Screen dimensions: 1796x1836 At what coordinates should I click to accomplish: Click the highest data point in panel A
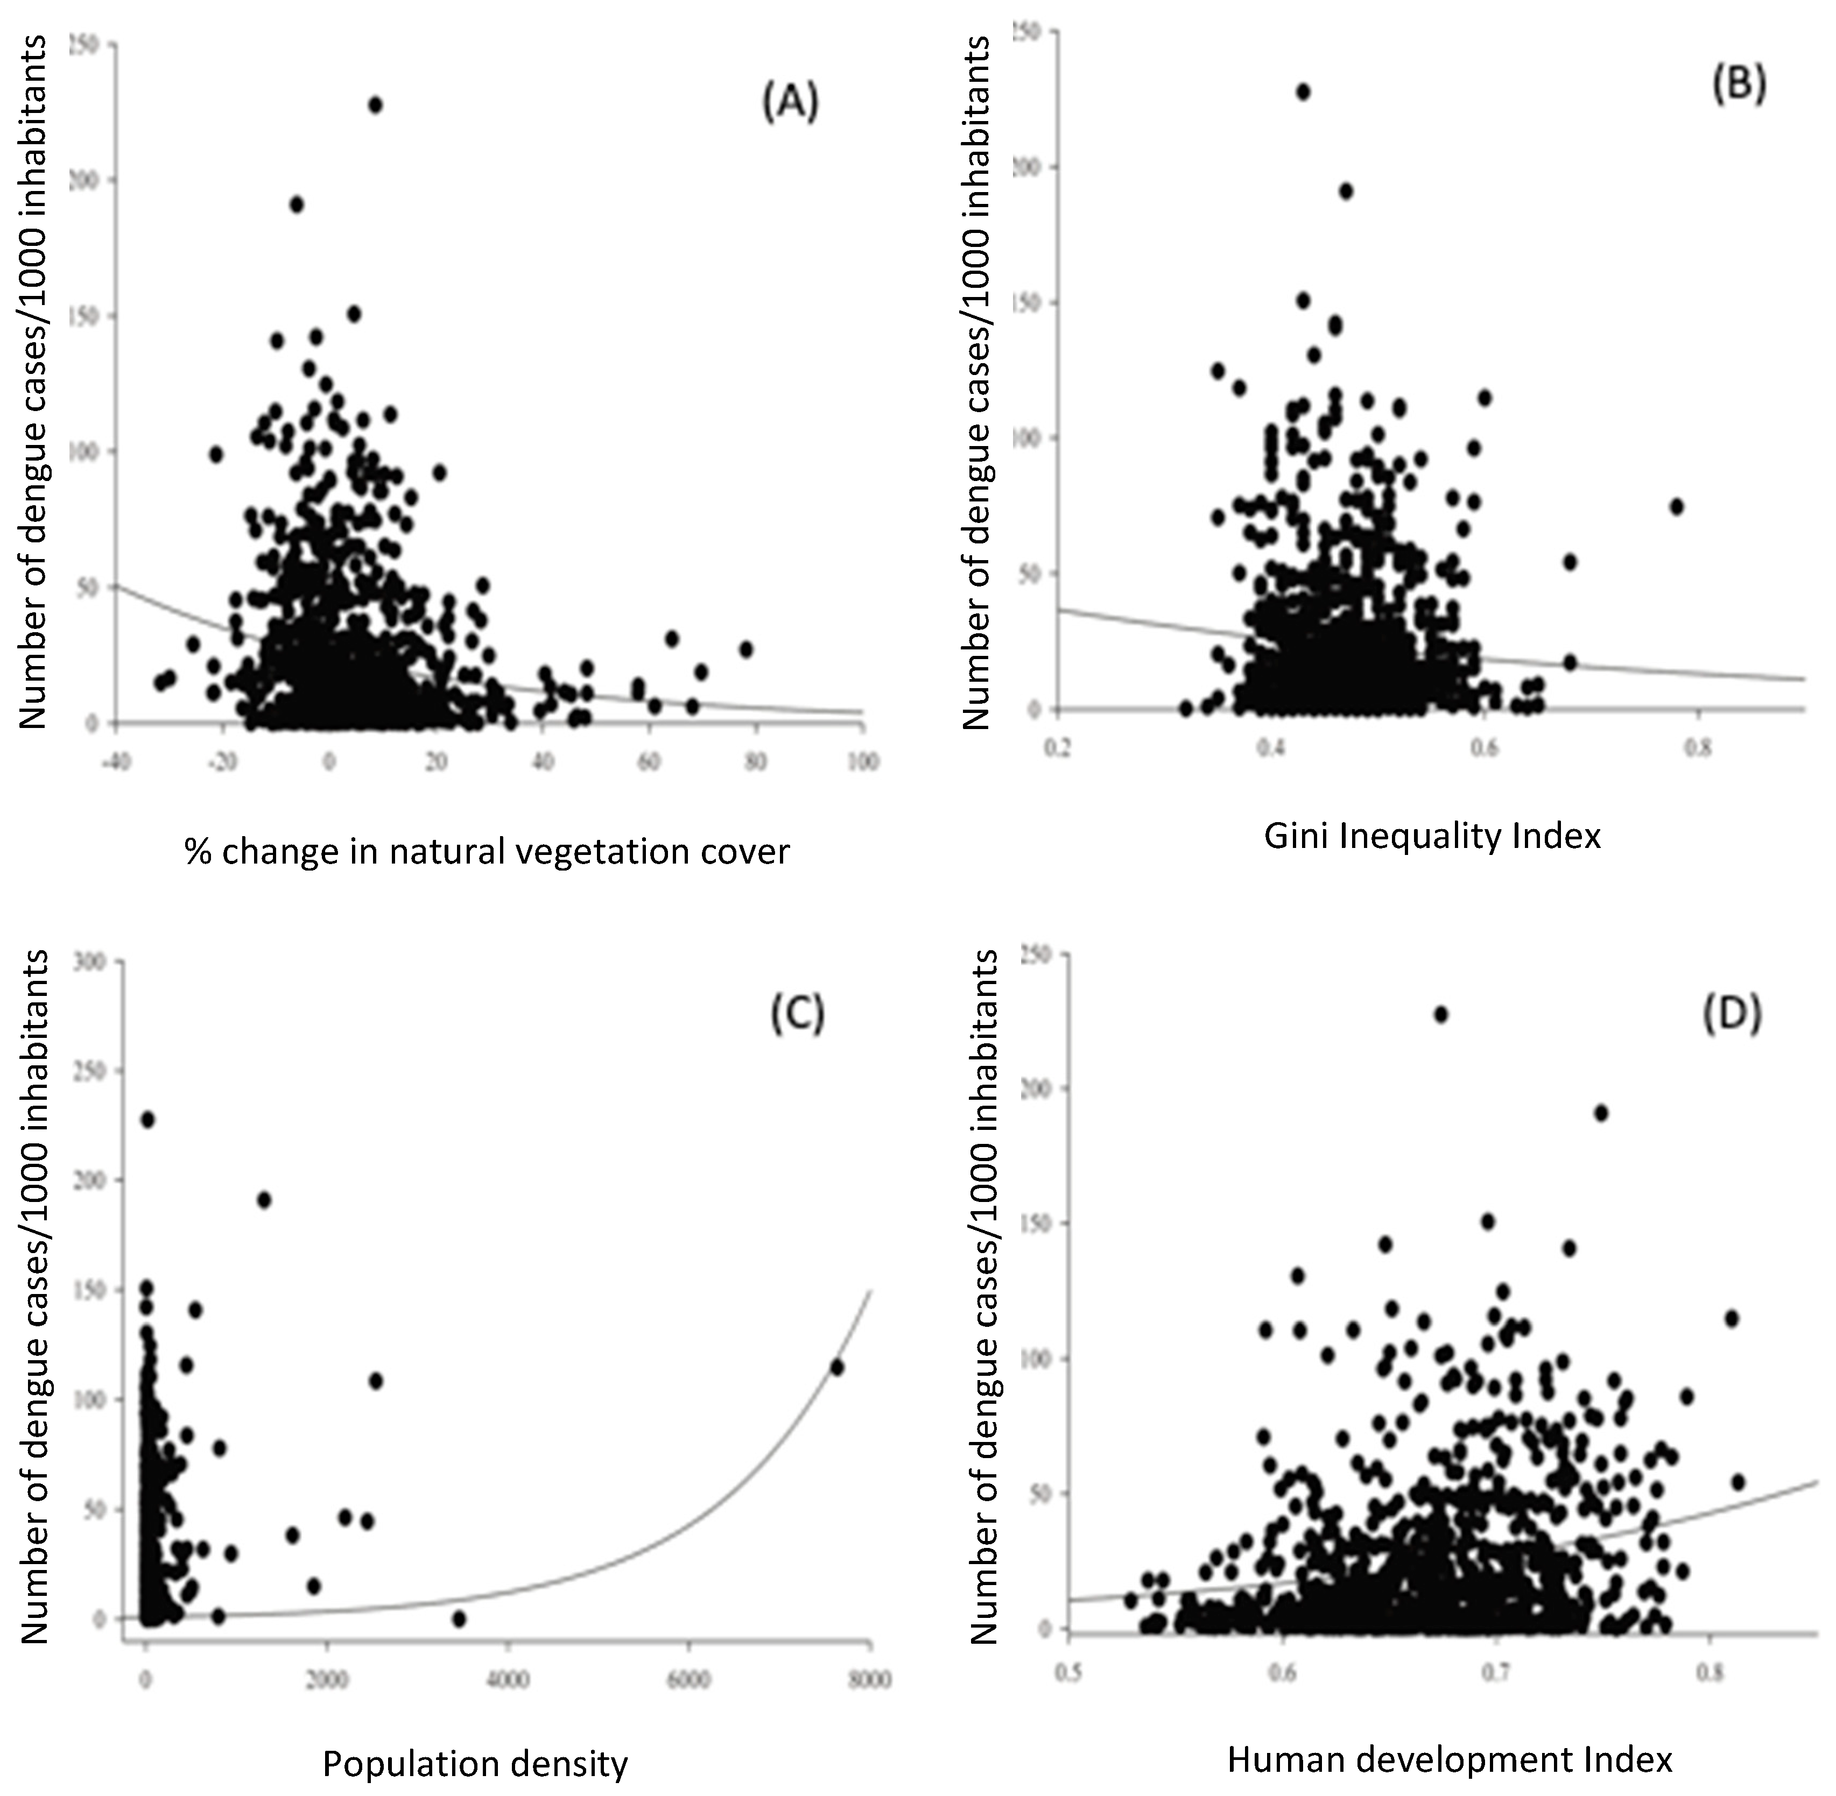pyautogui.click(x=376, y=105)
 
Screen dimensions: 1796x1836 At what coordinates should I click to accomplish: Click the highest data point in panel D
pyautogui.click(x=1441, y=1015)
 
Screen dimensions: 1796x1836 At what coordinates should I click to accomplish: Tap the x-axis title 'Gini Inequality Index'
pyautogui.click(x=1432, y=836)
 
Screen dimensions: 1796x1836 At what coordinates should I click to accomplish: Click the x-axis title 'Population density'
pyautogui.click(x=475, y=1764)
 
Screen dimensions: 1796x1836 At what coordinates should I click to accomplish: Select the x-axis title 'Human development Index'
pyautogui.click(x=1450, y=1759)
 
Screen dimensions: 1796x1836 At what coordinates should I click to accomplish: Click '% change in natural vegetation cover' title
pyautogui.click(x=487, y=852)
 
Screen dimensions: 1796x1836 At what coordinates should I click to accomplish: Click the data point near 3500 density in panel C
pyautogui.click(x=460, y=1618)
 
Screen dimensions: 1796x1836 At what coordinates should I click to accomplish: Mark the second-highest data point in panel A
pyautogui.click(x=296, y=204)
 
